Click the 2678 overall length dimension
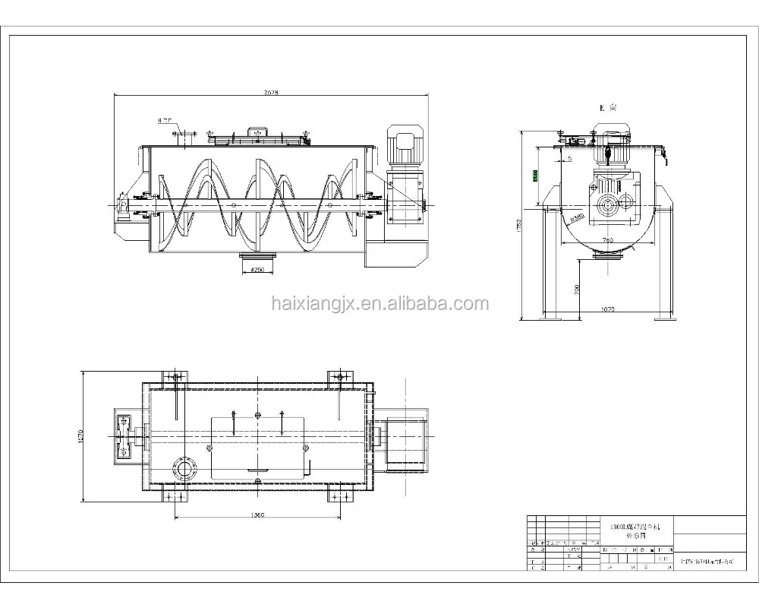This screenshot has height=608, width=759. point(271,92)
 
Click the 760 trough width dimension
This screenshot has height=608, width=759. point(607,240)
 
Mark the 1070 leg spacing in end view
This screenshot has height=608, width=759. point(607,310)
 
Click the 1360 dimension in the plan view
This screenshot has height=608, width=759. point(257,515)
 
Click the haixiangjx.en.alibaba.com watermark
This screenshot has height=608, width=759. point(379,304)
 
